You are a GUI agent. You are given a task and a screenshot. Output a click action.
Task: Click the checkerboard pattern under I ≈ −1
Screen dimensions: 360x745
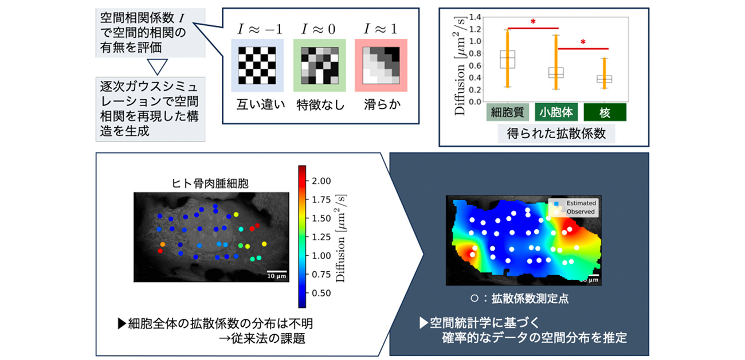click(257, 65)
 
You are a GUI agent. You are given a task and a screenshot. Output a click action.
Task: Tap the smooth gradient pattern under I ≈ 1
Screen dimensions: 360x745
click(381, 65)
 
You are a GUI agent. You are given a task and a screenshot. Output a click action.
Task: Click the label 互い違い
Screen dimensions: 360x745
click(257, 105)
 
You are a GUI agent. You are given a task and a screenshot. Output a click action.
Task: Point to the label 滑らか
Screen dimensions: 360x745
click(381, 105)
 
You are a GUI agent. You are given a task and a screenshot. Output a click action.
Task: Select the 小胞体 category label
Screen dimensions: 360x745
click(556, 112)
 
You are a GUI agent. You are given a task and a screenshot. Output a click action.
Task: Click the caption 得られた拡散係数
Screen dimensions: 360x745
click(556, 134)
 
